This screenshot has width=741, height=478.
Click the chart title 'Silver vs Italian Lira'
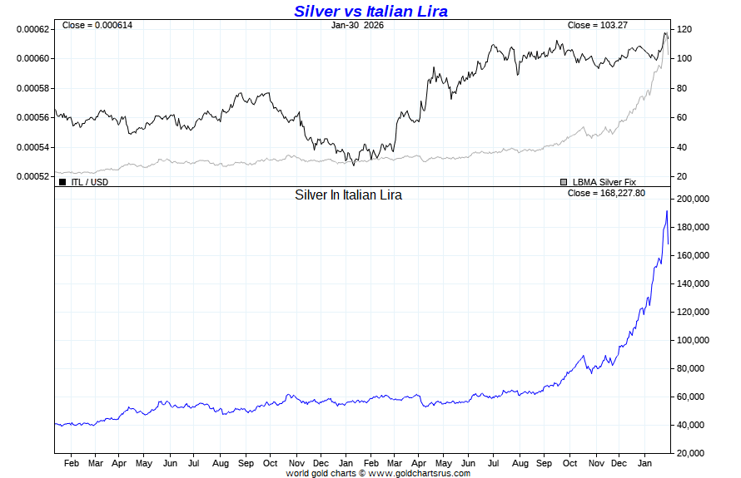pos(370,11)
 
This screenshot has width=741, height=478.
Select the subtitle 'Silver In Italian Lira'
pos(348,195)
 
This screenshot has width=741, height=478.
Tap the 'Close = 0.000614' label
pos(97,25)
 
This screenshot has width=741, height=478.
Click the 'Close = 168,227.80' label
pos(605,193)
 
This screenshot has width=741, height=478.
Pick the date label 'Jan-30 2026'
pos(357,25)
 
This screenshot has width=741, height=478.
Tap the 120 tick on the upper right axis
pos(685,29)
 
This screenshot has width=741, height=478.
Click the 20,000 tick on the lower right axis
pos(694,453)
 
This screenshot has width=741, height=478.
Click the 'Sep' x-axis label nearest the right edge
pos(545,462)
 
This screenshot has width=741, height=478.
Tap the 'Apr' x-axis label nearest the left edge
pos(119,462)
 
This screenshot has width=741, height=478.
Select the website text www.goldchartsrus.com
pos(419,473)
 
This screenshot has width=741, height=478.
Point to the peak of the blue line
pos(666,211)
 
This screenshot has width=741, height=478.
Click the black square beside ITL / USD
pos(62,181)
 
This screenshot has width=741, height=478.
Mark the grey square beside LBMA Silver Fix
pos(564,181)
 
